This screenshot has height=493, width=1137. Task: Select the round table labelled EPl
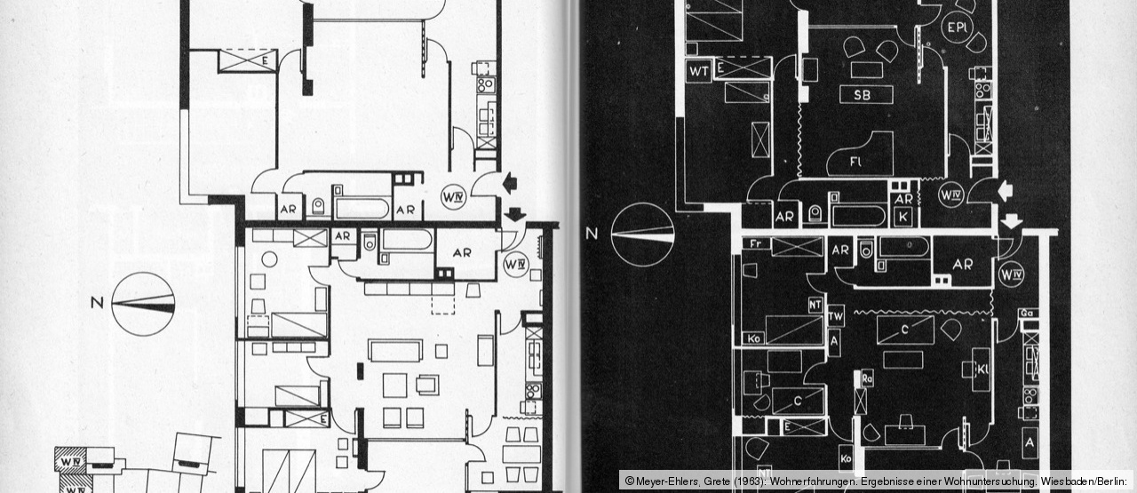point(958,28)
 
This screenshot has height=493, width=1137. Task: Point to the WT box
point(698,71)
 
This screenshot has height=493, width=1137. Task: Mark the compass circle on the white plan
point(143,304)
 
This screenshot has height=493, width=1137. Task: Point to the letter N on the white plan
point(96,303)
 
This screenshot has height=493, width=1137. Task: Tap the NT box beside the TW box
point(814,306)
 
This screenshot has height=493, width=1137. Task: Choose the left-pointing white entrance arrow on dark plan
point(1005,189)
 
